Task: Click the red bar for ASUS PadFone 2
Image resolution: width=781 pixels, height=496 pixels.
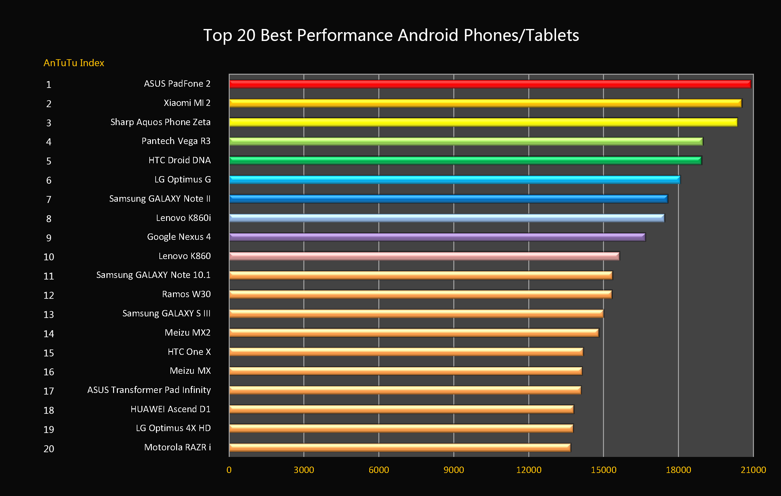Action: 490,84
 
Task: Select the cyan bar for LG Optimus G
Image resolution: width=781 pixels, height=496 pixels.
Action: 454,179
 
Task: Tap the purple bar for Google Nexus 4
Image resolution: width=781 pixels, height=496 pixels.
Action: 437,237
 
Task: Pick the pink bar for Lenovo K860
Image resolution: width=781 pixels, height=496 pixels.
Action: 424,256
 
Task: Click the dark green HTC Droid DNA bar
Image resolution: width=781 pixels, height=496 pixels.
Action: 465,160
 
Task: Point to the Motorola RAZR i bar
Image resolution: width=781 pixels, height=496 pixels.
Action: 399,448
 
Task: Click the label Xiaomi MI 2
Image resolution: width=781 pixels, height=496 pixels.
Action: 187,103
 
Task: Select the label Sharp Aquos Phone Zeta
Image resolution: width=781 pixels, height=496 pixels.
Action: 160,122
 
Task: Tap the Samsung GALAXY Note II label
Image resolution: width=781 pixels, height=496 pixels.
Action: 160,199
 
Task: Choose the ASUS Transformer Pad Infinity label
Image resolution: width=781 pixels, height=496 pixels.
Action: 149,390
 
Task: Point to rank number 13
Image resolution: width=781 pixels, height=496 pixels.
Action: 49,315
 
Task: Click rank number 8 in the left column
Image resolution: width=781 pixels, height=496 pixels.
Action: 49,219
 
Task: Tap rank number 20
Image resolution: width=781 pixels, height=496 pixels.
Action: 49,449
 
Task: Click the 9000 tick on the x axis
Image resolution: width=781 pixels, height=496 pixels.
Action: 453,470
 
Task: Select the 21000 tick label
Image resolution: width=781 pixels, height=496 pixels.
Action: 753,470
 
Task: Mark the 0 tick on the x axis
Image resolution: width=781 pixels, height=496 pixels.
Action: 229,470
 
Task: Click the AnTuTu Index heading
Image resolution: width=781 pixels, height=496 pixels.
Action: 74,63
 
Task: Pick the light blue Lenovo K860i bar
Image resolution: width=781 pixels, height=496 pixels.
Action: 447,218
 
